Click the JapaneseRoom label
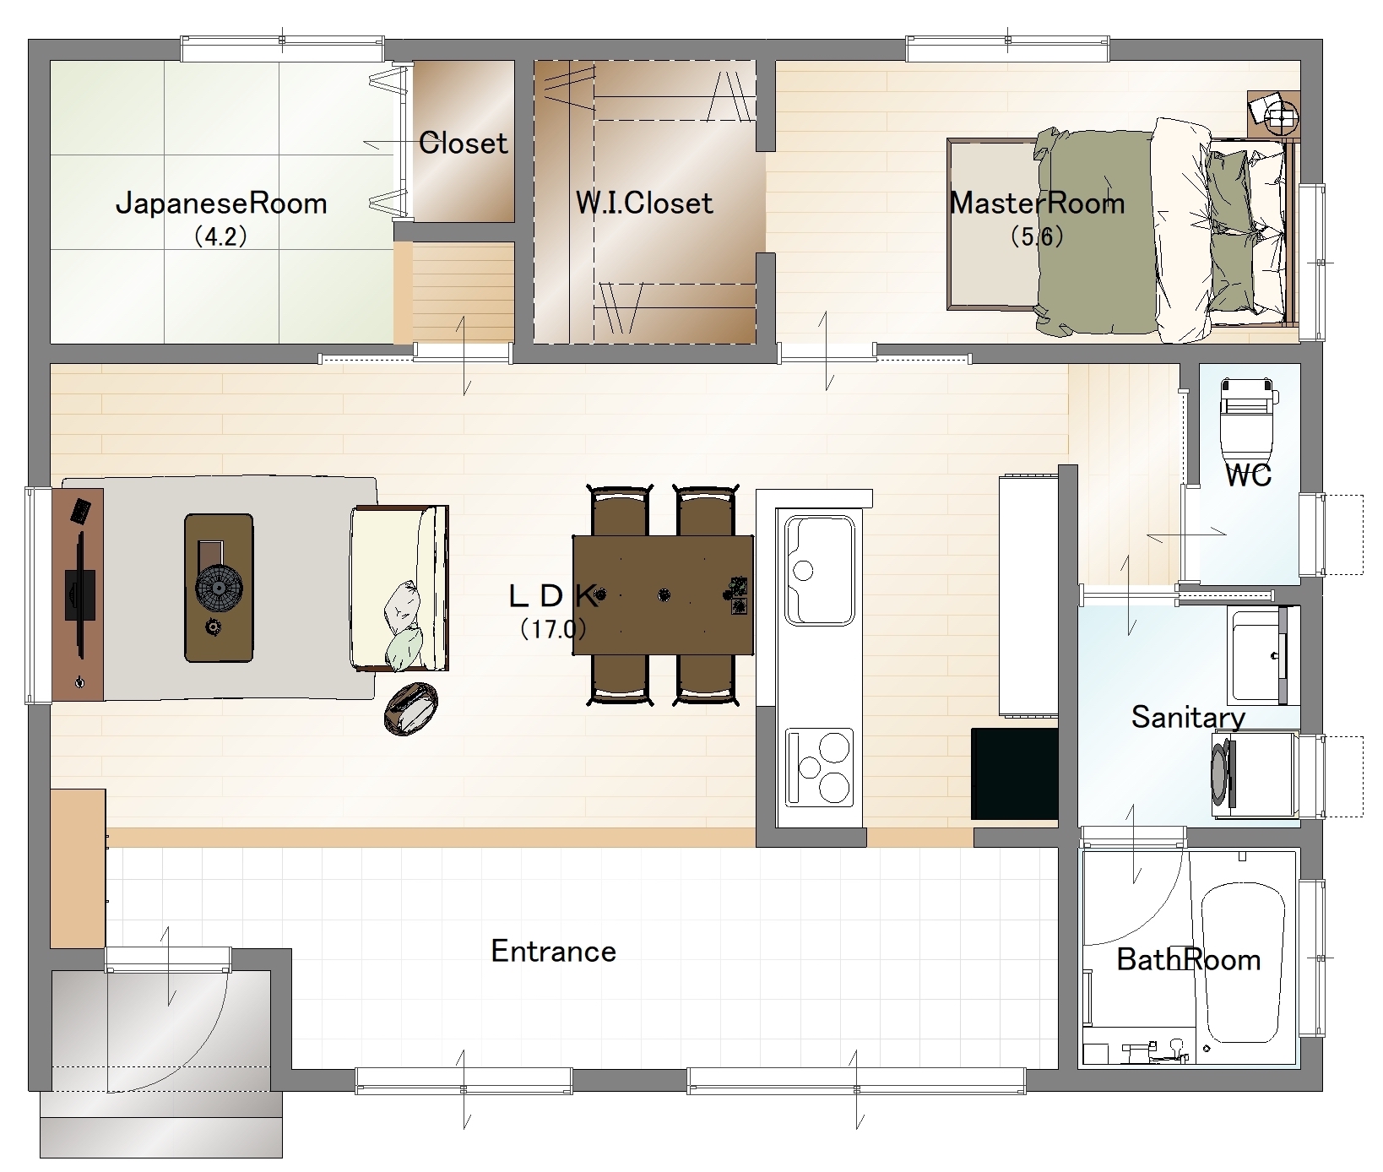coord(221,203)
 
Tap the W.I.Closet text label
coord(644,203)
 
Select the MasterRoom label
coord(1037,203)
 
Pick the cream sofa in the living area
coord(399,588)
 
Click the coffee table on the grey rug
coord(219,588)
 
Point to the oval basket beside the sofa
coord(411,708)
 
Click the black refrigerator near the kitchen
coord(1014,773)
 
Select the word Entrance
coord(554,952)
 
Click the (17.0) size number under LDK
coord(553,628)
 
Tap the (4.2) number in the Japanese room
coord(220,236)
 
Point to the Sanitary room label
coord(1188,718)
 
